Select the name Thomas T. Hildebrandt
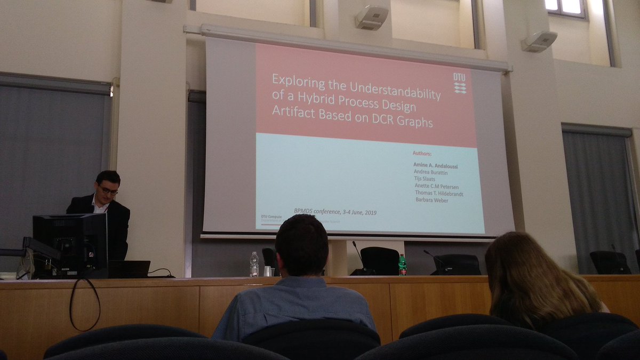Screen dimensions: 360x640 [x=439, y=194]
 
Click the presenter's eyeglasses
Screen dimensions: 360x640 [x=108, y=190]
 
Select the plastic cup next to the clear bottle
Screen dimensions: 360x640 [x=267, y=271]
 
